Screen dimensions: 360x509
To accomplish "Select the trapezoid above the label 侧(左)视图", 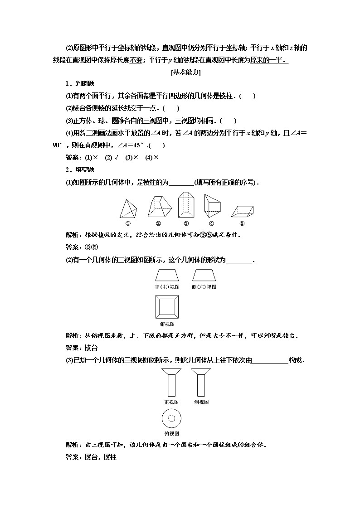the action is (x=204, y=275).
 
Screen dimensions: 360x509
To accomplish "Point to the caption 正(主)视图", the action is (x=167, y=287).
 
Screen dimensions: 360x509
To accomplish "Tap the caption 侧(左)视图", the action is (x=204, y=287).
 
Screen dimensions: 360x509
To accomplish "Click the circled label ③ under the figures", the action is (x=186, y=223).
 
